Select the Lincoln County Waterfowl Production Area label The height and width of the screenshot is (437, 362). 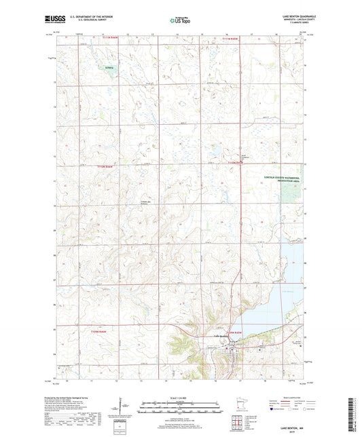(x=281, y=181)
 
